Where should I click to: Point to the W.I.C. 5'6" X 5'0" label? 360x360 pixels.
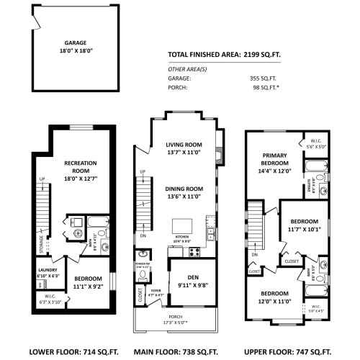click(x=317, y=143)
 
